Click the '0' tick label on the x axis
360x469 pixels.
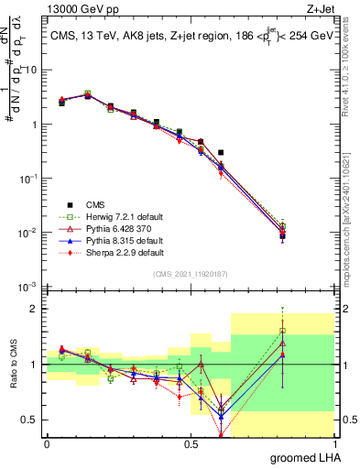[x=47, y=443]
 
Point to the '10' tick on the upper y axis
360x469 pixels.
[x=32, y=70]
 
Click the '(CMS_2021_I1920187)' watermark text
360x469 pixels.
[x=190, y=273]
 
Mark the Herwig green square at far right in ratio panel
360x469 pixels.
[x=282, y=331]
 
